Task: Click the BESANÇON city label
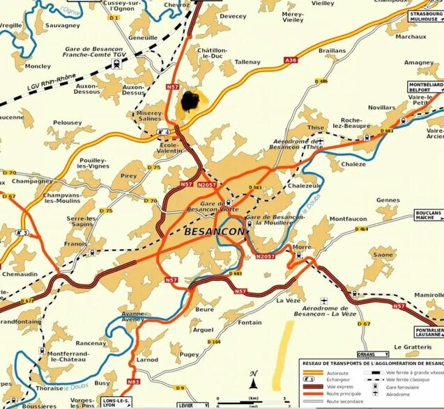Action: point(215,230)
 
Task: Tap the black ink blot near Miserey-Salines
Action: point(193,102)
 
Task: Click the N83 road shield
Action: point(133,382)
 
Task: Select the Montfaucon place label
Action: point(348,220)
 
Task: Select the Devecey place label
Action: point(233,16)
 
